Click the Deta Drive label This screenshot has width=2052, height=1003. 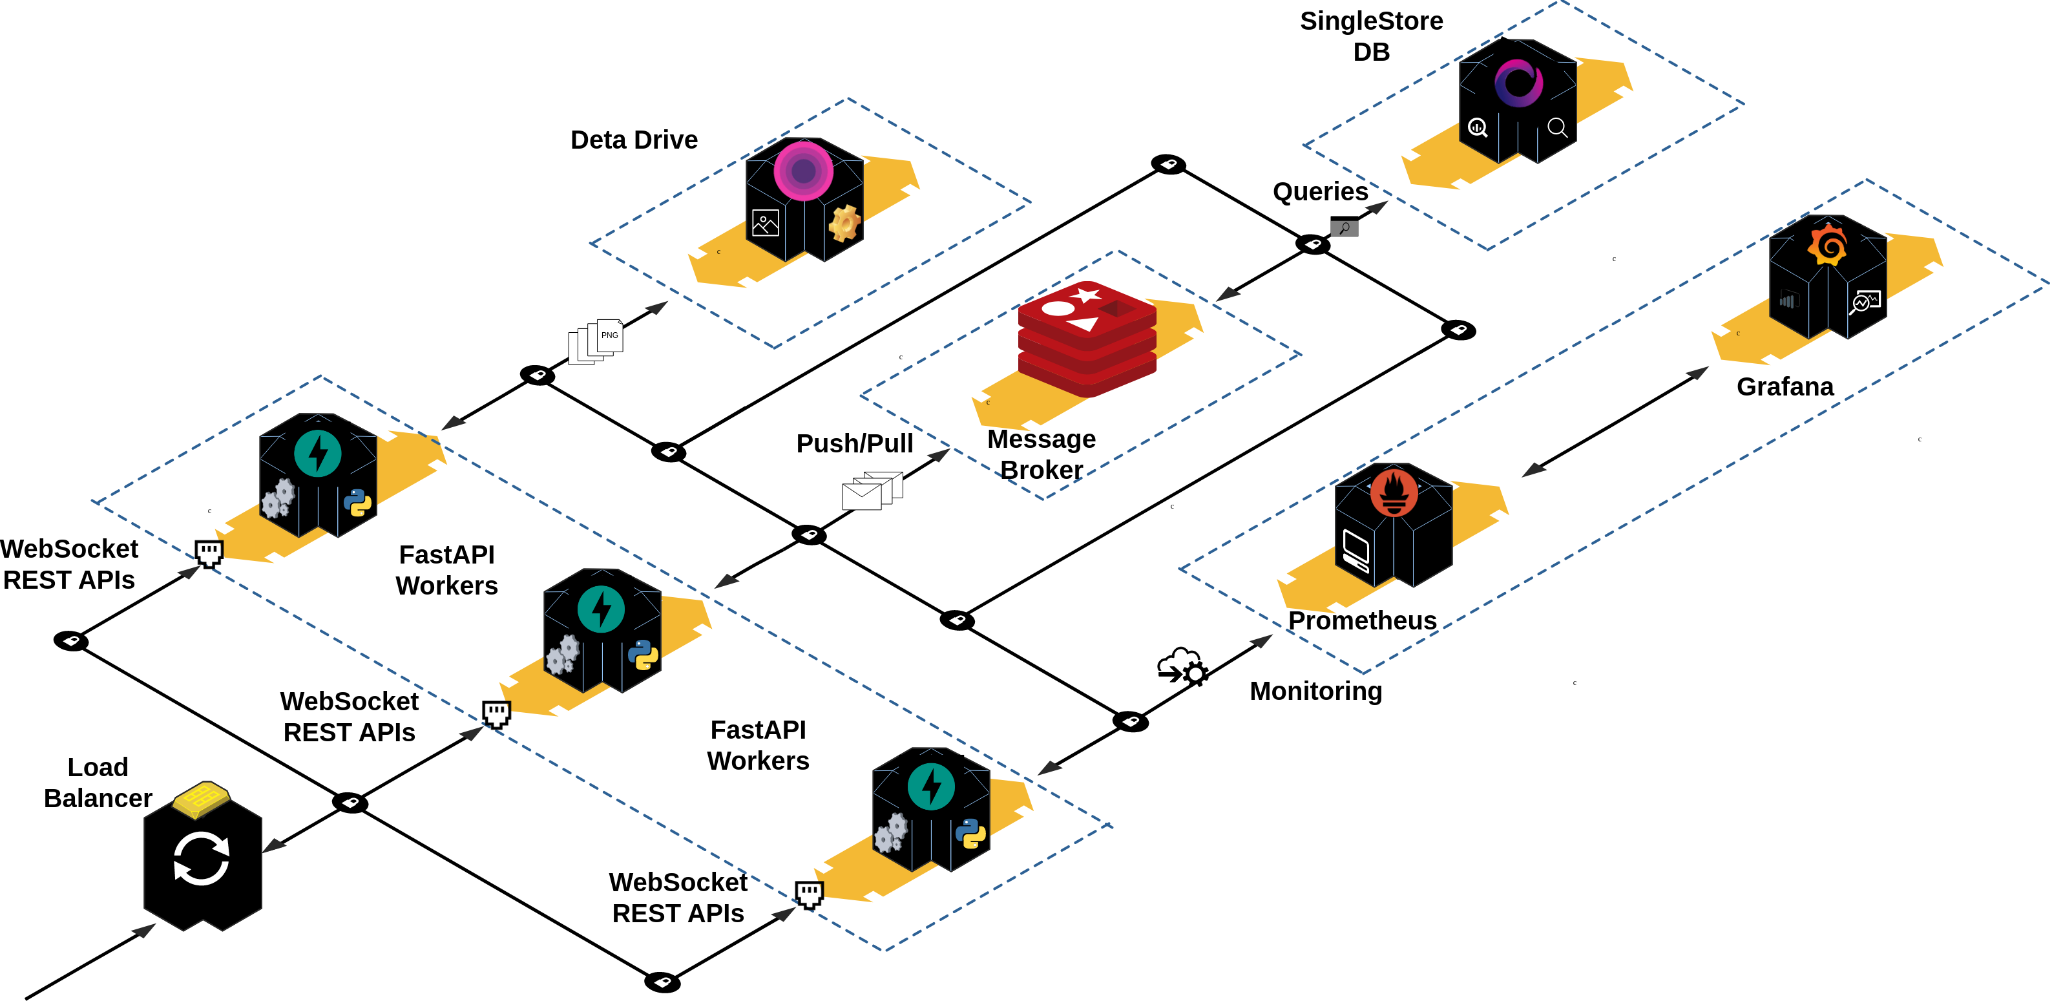(x=634, y=140)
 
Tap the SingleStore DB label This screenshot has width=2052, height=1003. (x=1371, y=36)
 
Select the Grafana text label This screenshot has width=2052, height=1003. (x=1785, y=386)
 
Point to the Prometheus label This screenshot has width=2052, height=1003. (x=1362, y=620)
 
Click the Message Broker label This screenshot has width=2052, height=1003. (x=1041, y=454)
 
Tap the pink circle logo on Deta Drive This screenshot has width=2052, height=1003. (x=803, y=171)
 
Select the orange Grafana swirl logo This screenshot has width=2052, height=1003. (x=1827, y=244)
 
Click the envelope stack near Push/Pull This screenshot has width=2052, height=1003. (x=872, y=490)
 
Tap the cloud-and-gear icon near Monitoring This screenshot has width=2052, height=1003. (x=1183, y=666)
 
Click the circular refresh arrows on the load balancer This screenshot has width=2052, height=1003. (x=202, y=859)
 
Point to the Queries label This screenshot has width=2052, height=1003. (x=1320, y=192)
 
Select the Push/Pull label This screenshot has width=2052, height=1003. (x=854, y=444)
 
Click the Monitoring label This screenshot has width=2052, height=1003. (x=1315, y=691)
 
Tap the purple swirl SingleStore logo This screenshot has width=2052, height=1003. (x=1518, y=83)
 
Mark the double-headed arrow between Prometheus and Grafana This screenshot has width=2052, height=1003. (x=1615, y=421)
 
